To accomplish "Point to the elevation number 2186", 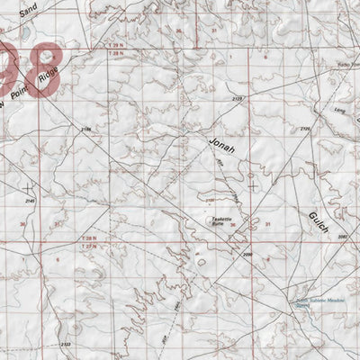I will coord(86,132).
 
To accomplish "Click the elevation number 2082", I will coord(343,237).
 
